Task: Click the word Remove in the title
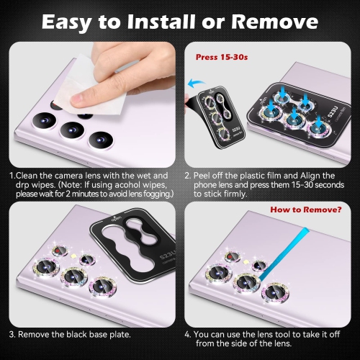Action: click(x=275, y=22)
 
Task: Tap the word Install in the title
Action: click(x=161, y=22)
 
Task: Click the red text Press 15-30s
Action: click(x=222, y=57)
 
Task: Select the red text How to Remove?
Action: click(x=306, y=210)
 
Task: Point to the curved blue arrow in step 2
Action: click(x=196, y=83)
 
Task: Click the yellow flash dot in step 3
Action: click(x=73, y=256)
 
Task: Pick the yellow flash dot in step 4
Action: click(x=246, y=261)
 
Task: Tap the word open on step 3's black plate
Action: click(x=116, y=219)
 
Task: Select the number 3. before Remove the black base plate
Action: click(x=12, y=334)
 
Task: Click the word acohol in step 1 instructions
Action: click(x=130, y=185)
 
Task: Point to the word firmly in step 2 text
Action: click(x=235, y=194)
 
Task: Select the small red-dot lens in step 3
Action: click(x=60, y=251)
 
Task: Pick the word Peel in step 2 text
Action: click(x=202, y=176)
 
